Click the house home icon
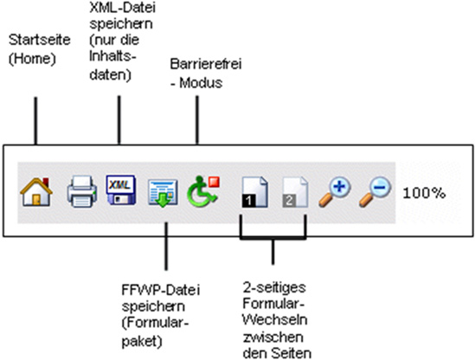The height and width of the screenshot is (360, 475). (36, 192)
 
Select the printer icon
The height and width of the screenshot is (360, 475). (82, 191)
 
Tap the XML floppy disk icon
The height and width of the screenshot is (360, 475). (120, 190)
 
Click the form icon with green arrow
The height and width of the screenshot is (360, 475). (163, 193)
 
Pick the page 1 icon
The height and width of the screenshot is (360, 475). (254, 192)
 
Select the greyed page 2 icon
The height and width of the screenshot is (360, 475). (295, 192)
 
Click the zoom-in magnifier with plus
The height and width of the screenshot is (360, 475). (335, 193)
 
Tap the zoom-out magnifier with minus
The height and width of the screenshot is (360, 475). (375, 193)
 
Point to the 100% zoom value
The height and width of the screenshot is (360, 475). (424, 193)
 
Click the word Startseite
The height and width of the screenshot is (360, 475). (40, 40)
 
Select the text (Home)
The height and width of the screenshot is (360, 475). (32, 58)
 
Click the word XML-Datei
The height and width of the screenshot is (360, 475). (122, 8)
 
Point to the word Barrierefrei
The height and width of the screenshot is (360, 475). (206, 64)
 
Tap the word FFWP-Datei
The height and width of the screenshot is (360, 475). (161, 290)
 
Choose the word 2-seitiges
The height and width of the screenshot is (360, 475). (274, 287)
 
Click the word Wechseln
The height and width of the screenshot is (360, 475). (275, 320)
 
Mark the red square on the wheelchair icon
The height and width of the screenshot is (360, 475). (215, 182)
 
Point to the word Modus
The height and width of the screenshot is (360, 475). (201, 83)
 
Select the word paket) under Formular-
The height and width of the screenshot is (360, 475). (142, 342)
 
